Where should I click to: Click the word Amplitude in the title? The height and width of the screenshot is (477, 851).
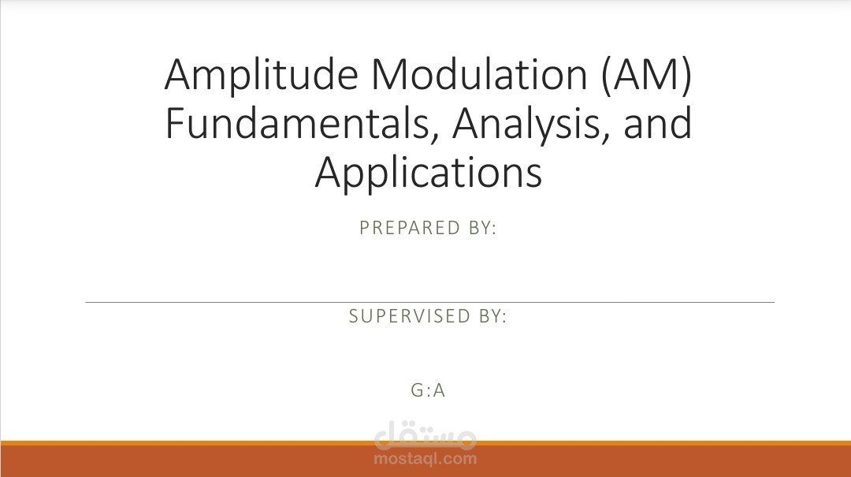point(261,76)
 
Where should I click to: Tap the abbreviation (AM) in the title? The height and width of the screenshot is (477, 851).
point(647,76)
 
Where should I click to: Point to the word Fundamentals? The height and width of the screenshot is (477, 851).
point(301,124)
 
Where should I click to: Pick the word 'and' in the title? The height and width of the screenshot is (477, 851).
point(658,123)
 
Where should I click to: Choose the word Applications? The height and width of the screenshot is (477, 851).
point(428,173)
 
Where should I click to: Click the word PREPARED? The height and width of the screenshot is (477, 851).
point(410,228)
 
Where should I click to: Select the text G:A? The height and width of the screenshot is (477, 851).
point(428,390)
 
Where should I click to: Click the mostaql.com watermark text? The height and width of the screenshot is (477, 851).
point(425,459)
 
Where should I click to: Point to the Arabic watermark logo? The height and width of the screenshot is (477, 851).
point(425,434)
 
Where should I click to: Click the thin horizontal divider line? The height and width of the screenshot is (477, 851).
point(430,302)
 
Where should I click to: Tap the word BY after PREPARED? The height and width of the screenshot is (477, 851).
point(480,228)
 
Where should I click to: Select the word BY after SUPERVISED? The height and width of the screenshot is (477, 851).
point(490,315)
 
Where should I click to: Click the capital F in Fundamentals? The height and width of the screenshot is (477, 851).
point(174,123)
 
